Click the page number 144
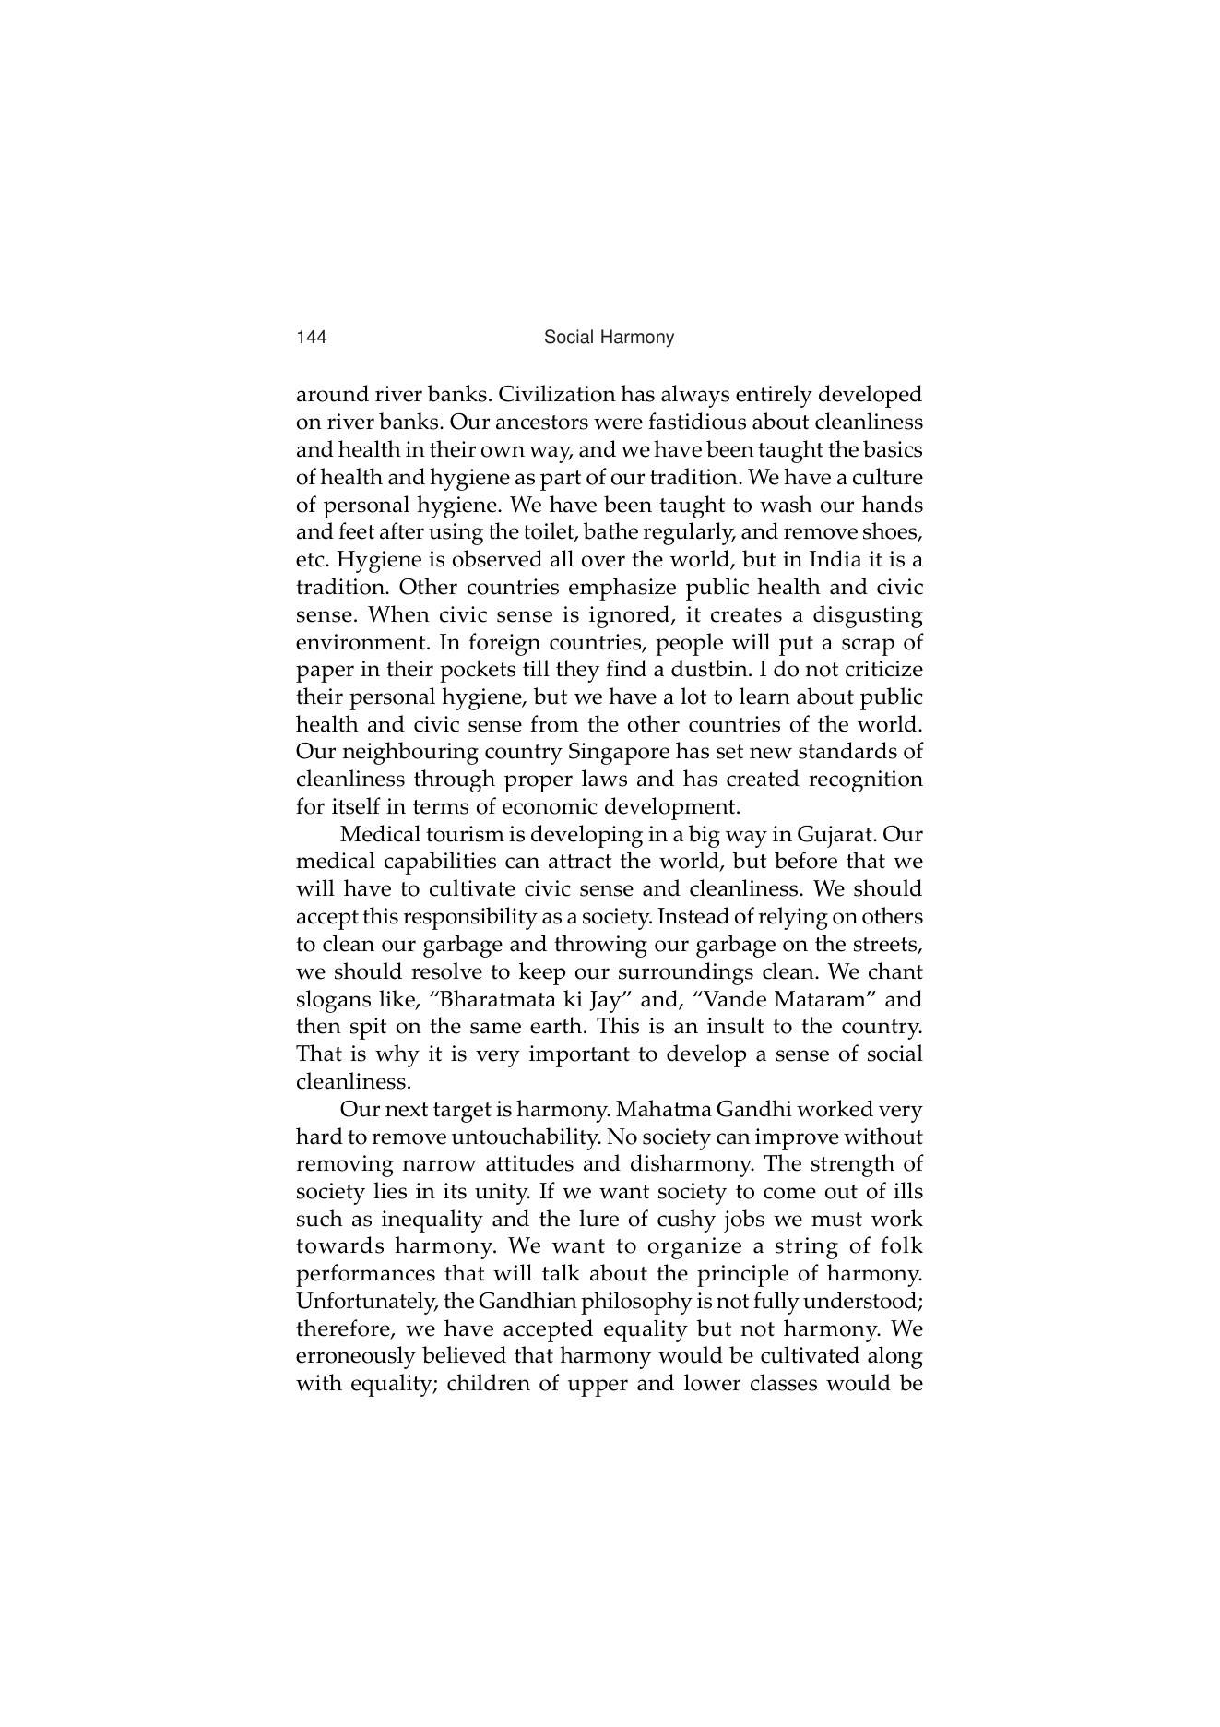[312, 338]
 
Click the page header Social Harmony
[609, 338]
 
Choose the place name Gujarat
[836, 835]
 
